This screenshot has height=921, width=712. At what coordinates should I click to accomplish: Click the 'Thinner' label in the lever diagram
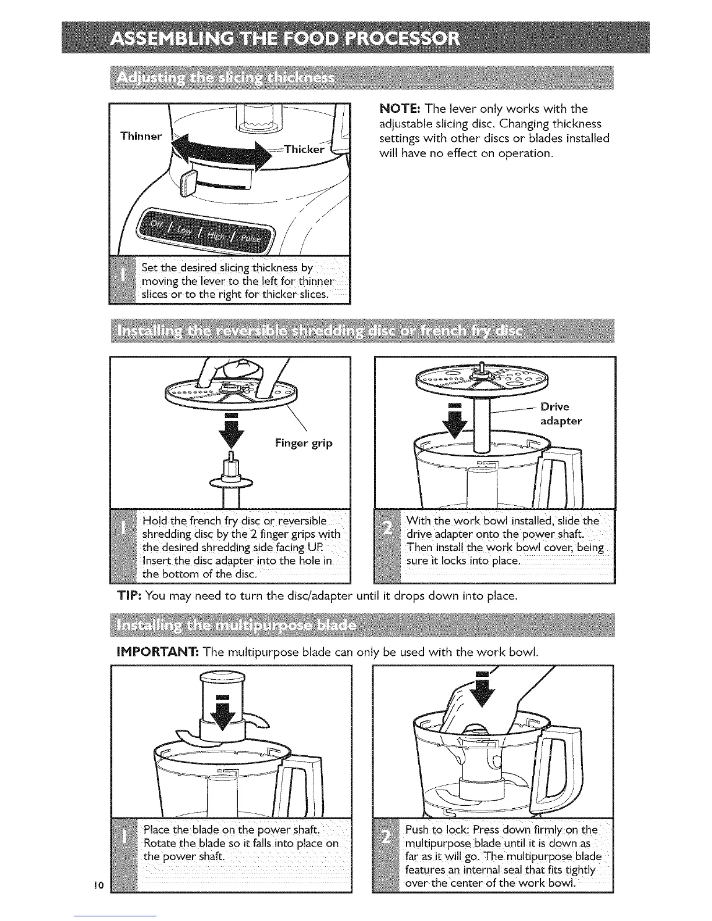point(140,137)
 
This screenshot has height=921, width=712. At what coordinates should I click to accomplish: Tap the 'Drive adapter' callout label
point(561,413)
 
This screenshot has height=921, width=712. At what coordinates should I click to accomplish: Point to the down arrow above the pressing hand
point(482,689)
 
